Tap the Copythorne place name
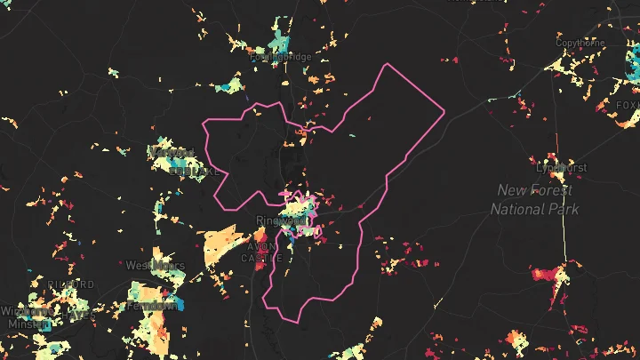pyautogui.click(x=580, y=43)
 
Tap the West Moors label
pyautogui.click(x=155, y=265)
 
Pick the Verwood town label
pyautogui.click(x=172, y=153)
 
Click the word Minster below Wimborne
pyautogui.click(x=26, y=324)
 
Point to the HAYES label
pyautogui.click(x=79, y=315)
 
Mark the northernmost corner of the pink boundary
pyautogui.click(x=388, y=65)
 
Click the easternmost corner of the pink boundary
pyautogui.click(x=444, y=112)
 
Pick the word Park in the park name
pyautogui.click(x=563, y=209)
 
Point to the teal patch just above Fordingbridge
pyautogui.click(x=279, y=40)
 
